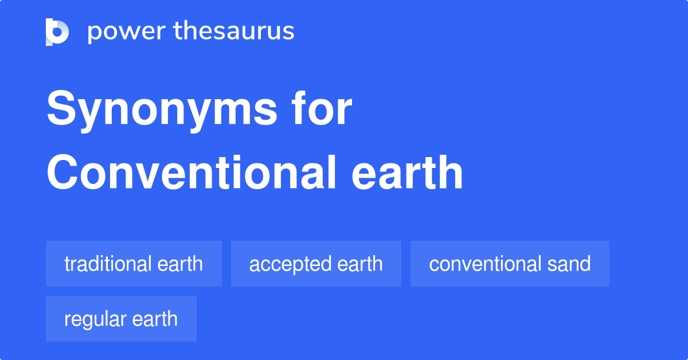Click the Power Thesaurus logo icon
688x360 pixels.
click(57, 32)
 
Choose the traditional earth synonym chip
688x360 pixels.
click(134, 264)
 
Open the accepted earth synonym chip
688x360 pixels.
click(316, 264)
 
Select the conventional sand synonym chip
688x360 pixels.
click(510, 264)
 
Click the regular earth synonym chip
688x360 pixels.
click(121, 319)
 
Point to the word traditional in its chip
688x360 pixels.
click(107, 264)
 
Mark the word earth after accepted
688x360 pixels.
click(359, 264)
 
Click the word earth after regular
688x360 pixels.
click(155, 319)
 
